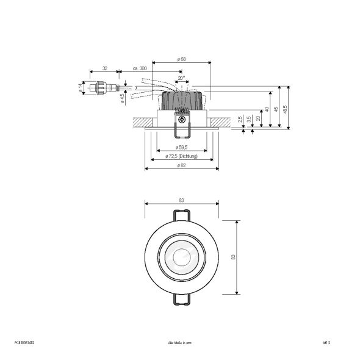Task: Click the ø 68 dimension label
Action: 181,59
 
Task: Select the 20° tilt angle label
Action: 181,79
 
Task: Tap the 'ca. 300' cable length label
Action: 139,68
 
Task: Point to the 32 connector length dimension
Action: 105,68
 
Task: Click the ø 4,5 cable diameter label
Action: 122,97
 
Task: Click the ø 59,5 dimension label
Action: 181,148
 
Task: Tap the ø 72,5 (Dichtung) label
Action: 181,157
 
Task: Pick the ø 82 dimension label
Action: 181,166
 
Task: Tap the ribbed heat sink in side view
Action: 181,98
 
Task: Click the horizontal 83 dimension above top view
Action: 181,201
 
